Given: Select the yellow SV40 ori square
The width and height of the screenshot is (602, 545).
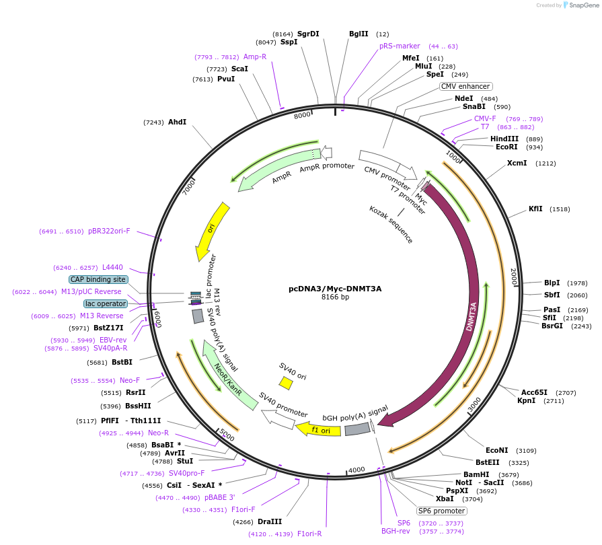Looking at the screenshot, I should click(x=286, y=383).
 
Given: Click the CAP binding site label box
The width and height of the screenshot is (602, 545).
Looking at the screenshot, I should click(x=98, y=279).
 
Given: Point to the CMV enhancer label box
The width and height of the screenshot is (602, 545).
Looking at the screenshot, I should click(x=465, y=86).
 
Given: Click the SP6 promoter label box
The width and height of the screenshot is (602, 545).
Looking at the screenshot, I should click(x=442, y=511).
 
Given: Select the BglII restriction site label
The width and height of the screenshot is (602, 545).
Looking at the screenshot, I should click(x=359, y=34).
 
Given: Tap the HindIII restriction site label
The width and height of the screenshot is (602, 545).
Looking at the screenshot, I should click(x=504, y=139).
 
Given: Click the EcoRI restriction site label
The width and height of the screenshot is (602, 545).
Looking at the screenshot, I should click(x=506, y=147).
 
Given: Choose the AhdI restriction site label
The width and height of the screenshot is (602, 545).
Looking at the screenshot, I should click(x=177, y=122).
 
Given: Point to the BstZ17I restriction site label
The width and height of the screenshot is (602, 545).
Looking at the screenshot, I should click(x=108, y=328).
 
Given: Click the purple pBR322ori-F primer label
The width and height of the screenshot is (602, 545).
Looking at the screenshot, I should click(x=109, y=231).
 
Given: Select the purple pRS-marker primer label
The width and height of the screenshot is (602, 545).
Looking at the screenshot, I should click(x=400, y=46).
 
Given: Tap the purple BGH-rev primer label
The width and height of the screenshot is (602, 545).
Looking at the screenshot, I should click(x=396, y=532).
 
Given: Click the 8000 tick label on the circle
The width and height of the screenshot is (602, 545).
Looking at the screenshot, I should click(x=302, y=115).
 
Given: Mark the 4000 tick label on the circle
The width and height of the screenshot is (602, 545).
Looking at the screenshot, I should click(x=356, y=469).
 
